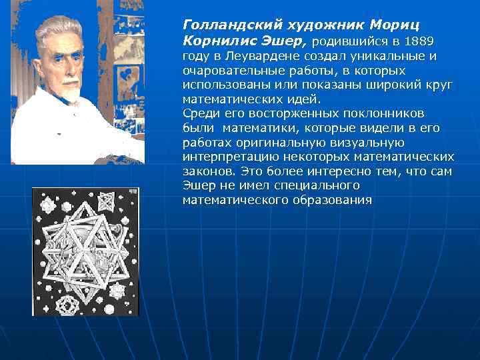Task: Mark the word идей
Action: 300,99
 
